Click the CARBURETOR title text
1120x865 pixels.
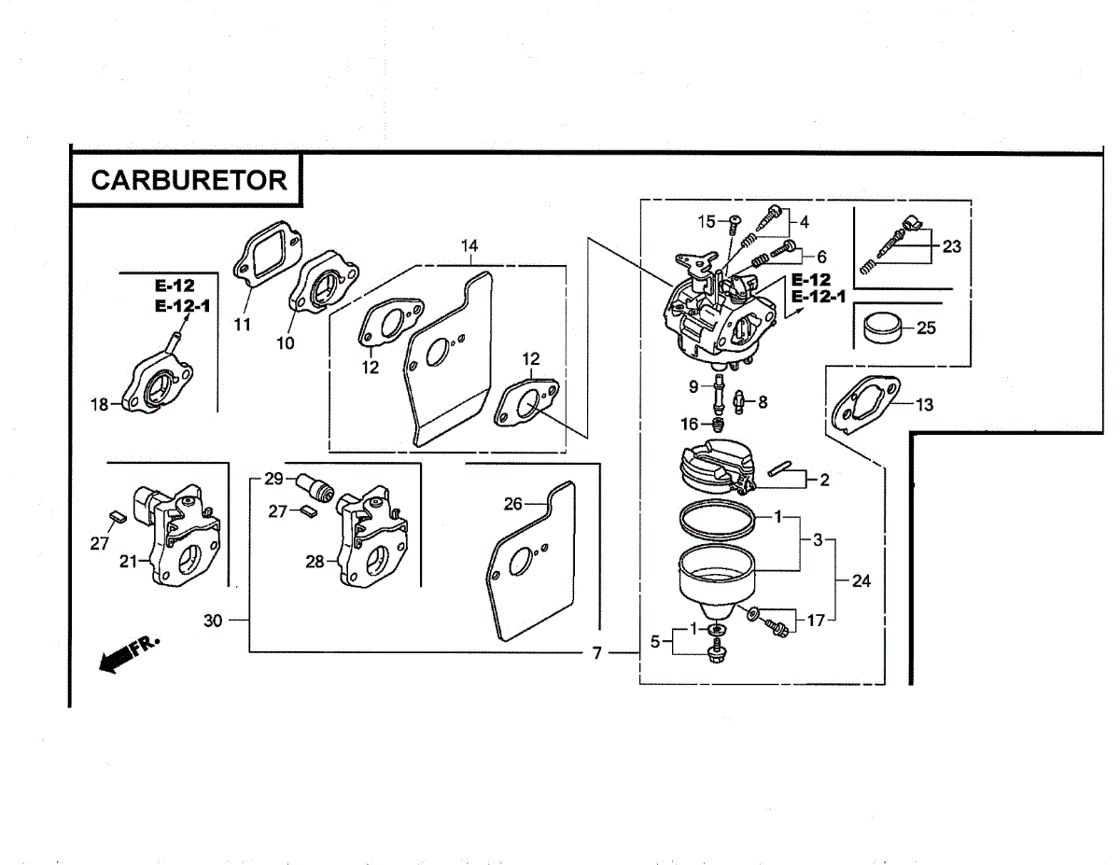coord(189,179)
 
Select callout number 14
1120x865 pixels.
coord(469,245)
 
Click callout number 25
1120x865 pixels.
coord(926,328)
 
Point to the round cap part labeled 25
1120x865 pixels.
coord(882,328)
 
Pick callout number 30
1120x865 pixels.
coord(213,621)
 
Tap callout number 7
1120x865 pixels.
coord(597,653)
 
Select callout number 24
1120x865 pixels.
coord(861,580)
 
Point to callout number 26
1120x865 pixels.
coord(512,504)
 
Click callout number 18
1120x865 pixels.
coord(100,404)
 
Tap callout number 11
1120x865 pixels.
coord(243,325)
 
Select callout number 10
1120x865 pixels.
coord(285,342)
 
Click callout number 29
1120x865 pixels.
coord(273,479)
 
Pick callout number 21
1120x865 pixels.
coord(128,561)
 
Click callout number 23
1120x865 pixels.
coord(951,246)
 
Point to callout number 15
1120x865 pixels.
coord(707,221)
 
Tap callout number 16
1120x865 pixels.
coord(690,425)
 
